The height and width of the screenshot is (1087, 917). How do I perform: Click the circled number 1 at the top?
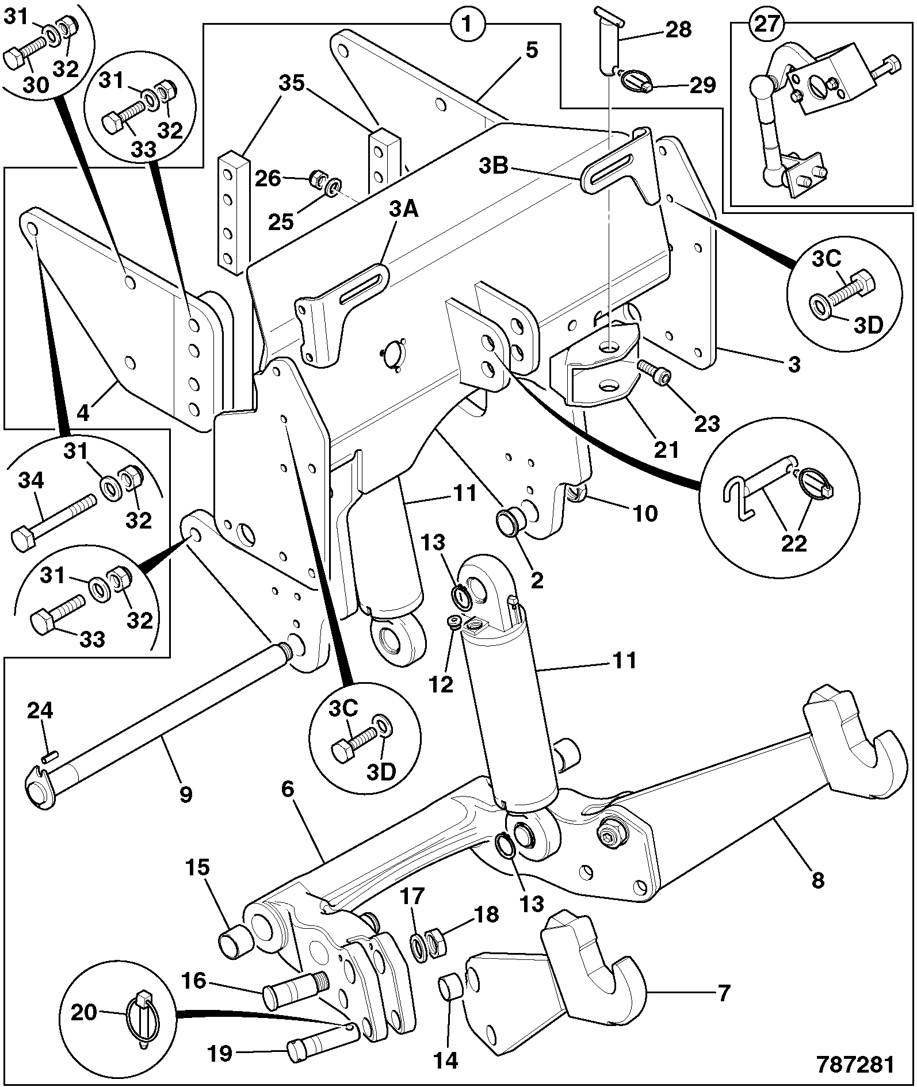pos(467,24)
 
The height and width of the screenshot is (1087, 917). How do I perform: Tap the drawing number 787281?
pos(857,1065)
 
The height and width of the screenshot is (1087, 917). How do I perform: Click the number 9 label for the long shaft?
pos(186,794)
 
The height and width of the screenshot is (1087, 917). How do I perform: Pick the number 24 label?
pos(40,711)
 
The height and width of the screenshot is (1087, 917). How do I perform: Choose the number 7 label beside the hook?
pos(724,992)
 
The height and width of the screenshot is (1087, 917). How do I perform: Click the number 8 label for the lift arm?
pos(817,879)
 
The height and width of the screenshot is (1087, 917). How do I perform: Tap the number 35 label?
pos(291,83)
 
